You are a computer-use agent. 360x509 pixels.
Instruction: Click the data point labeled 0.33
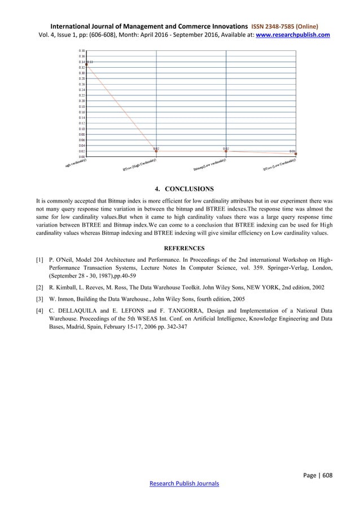(x=86, y=64)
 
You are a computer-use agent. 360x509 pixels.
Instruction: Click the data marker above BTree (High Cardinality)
(x=156, y=151)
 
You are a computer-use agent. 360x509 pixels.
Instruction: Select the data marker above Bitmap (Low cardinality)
(x=226, y=151)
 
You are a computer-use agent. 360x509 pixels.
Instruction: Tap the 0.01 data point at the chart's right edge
(x=295, y=153)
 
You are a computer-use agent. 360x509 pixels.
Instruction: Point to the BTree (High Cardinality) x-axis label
(x=139, y=164)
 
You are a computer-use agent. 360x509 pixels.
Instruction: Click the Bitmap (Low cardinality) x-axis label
(x=210, y=164)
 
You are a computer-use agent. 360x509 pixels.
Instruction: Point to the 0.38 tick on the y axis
(x=81, y=51)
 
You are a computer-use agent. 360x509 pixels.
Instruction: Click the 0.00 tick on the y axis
(x=81, y=156)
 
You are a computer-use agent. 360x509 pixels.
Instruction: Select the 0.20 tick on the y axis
(x=81, y=101)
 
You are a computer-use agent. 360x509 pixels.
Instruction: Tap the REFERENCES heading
(x=179, y=247)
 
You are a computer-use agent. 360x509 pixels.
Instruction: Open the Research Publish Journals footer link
(x=179, y=484)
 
